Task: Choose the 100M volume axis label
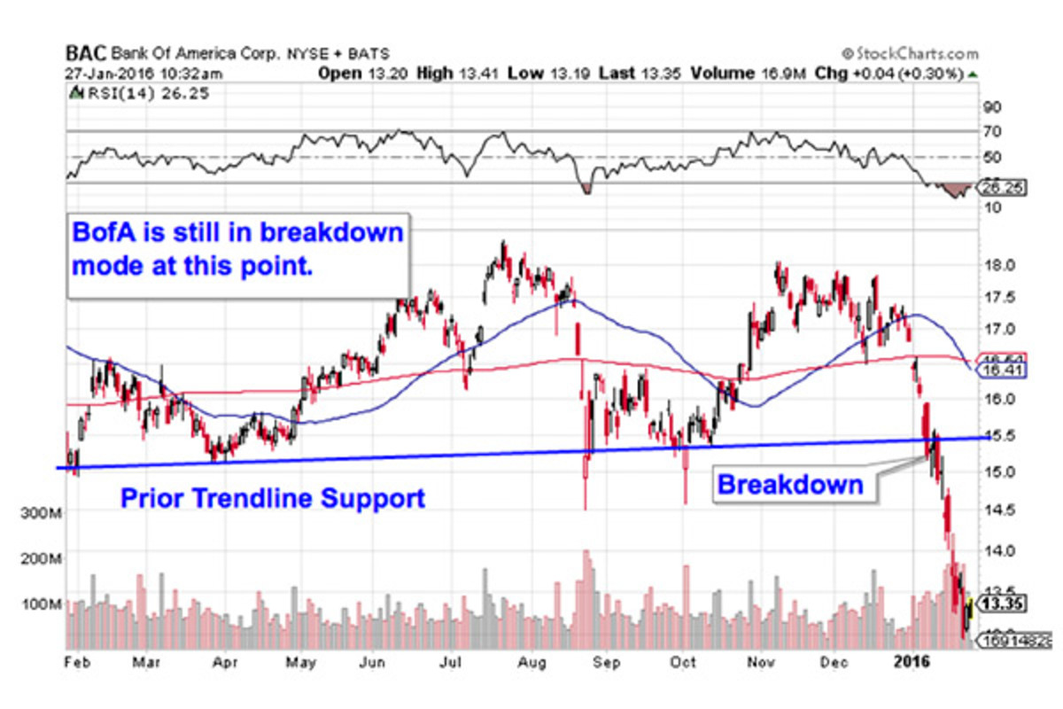[41, 604]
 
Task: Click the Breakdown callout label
[789, 484]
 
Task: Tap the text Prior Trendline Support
[272, 498]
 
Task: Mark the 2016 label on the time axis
[912, 660]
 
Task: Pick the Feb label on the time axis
[76, 660]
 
